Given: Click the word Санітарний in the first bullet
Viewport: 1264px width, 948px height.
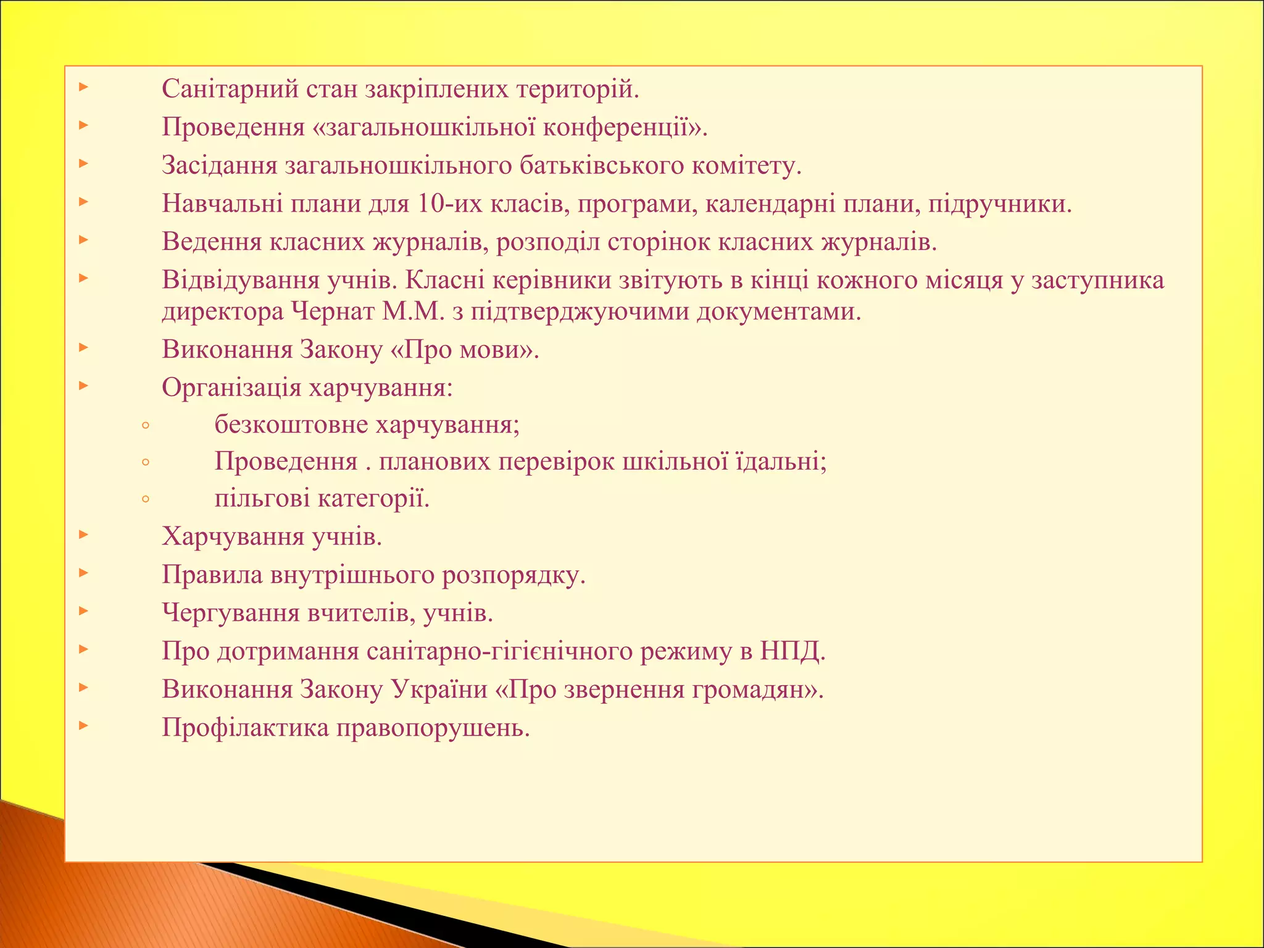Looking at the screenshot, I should [229, 89].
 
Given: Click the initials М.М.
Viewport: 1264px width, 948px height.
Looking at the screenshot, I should [413, 312].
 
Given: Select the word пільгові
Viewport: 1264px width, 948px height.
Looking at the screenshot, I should [262, 499].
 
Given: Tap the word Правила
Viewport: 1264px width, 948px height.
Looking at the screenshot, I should [212, 575].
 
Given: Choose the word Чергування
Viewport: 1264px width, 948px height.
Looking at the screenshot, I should [231, 613].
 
